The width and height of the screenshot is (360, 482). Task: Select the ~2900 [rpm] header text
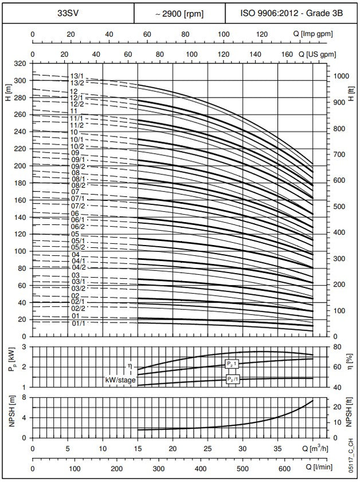179,13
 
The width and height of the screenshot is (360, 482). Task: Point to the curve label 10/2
77,147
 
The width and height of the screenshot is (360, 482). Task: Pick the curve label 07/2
77,205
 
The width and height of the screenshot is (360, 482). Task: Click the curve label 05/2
77,247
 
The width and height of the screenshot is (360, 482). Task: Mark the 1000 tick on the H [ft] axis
342,76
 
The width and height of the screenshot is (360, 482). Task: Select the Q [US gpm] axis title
320,54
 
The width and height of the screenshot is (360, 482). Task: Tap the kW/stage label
120,380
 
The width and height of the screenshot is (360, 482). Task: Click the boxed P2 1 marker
232,364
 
